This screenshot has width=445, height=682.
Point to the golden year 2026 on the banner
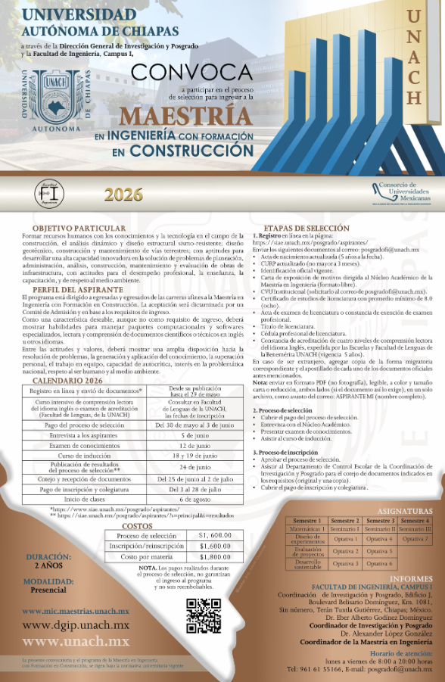pos(123,195)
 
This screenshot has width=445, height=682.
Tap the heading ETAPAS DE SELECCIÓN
pos(306,228)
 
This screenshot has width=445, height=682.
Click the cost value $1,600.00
pos(215,546)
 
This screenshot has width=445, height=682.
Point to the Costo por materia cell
pos(140,556)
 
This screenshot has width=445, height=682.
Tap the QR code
pos(204,615)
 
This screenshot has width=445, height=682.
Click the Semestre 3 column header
pos(381,520)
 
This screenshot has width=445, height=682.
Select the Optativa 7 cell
pos(415,539)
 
